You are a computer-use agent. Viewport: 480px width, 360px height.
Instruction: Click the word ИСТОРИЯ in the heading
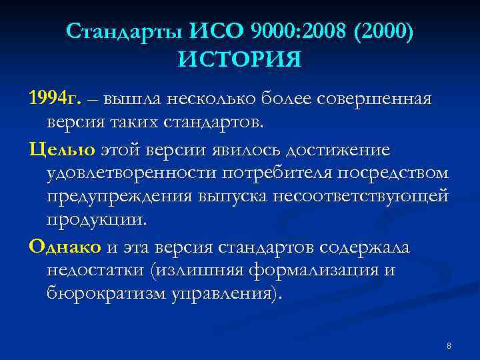(x=239, y=60)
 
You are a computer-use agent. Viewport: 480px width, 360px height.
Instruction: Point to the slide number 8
(x=449, y=346)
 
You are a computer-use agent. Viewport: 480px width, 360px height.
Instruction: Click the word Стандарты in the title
(x=125, y=31)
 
